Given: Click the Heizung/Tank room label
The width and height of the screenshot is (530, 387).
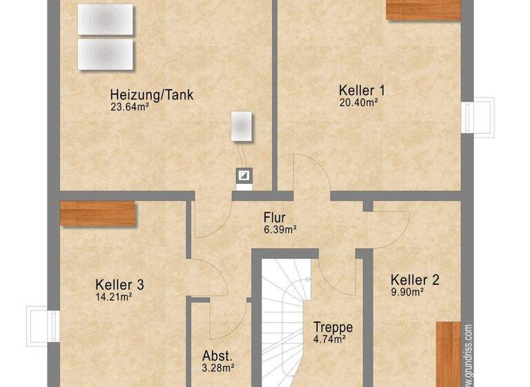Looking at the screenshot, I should tap(152, 95).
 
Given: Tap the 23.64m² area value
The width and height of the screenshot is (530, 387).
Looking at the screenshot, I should tap(129, 107).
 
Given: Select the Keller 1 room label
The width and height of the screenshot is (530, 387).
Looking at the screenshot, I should tap(362, 91).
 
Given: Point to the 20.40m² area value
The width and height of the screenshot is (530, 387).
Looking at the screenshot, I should tap(358, 102).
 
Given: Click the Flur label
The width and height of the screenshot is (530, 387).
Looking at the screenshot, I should tap(274, 218).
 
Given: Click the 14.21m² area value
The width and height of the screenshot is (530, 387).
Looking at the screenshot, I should tap(114, 297).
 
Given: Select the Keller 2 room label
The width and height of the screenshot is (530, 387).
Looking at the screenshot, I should tap(415, 280).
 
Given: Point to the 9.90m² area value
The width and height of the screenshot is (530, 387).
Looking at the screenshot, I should tap(406, 292).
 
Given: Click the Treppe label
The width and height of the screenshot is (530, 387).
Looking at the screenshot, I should tap(333, 327).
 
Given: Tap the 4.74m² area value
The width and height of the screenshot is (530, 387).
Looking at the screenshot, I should tap(329, 339).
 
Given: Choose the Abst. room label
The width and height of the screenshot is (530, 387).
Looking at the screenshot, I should tap(217, 356).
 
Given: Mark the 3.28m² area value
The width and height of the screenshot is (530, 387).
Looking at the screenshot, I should tap(217, 368).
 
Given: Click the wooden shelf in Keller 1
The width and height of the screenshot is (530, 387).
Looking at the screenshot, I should tap(423, 9).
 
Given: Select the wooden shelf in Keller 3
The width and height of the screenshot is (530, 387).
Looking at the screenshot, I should tap(97, 214).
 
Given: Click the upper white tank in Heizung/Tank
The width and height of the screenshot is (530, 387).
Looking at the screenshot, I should tap(105, 19).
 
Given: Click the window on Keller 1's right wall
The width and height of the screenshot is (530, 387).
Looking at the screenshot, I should tap(479, 117).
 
